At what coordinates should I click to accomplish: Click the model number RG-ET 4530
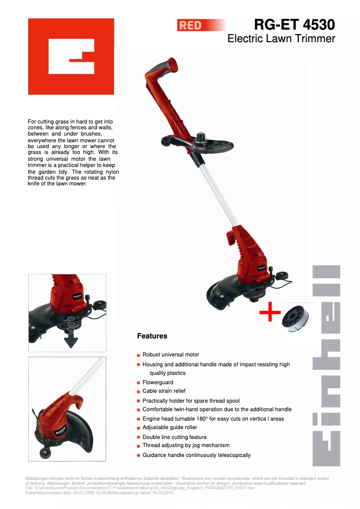(x=294, y=24)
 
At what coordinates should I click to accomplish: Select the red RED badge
(x=191, y=26)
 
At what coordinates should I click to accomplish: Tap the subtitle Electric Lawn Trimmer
(x=281, y=39)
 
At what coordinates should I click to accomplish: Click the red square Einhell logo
(x=71, y=57)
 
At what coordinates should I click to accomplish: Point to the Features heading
(x=152, y=336)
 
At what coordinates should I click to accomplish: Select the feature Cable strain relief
(x=164, y=391)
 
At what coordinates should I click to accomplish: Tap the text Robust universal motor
(x=171, y=355)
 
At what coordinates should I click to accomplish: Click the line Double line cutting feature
(x=175, y=437)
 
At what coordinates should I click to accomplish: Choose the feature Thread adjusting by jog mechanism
(x=186, y=445)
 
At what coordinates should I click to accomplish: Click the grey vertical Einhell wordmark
(x=326, y=365)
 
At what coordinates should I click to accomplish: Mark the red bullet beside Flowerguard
(x=139, y=383)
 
